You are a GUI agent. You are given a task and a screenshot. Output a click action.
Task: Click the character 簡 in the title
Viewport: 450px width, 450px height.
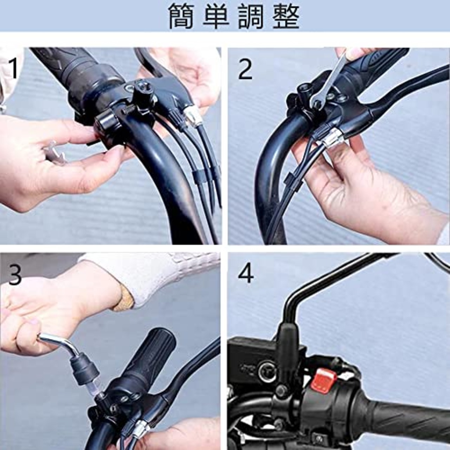181,16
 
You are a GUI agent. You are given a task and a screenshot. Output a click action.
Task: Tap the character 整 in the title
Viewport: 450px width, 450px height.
286,16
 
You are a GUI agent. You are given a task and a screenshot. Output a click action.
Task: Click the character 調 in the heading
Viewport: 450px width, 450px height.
251,16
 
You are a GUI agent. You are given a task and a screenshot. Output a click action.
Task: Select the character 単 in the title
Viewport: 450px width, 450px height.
216,16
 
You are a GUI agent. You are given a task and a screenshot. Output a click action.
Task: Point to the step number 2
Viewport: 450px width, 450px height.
245,69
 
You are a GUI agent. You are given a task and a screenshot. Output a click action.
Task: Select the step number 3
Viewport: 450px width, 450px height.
15,275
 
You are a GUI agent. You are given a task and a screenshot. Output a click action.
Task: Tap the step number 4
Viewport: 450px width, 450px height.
246,274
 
